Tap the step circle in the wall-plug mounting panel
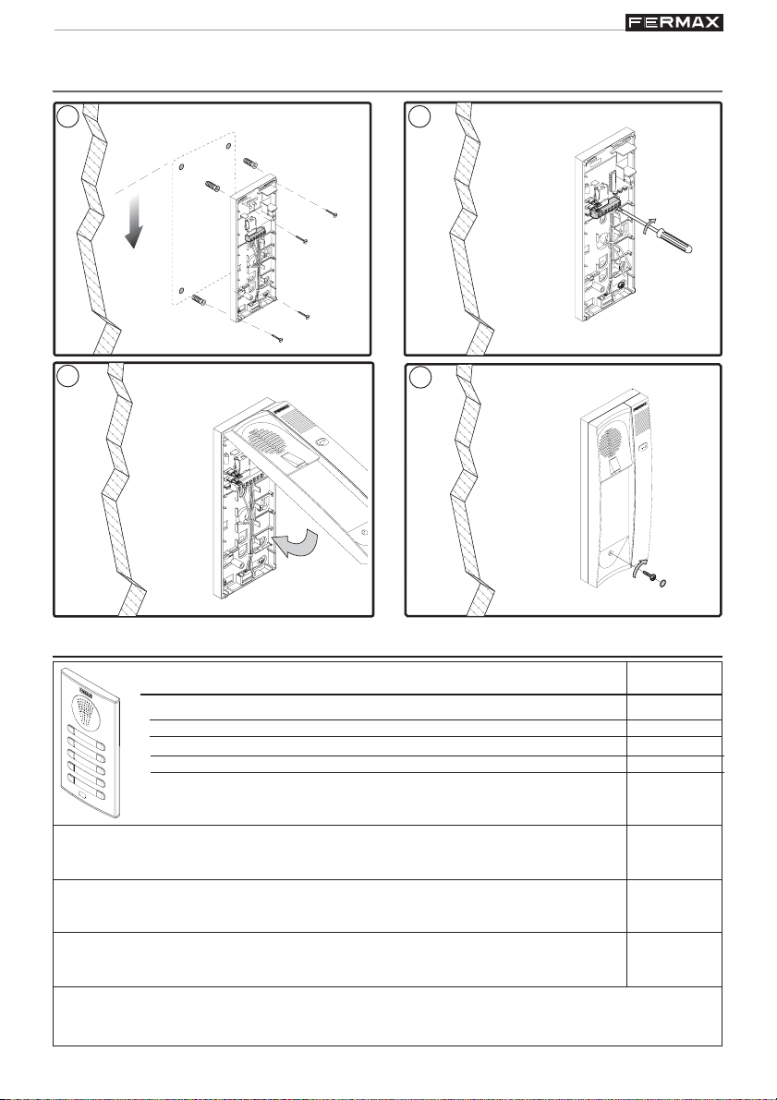click(x=66, y=117)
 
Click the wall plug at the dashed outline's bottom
click(x=200, y=301)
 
